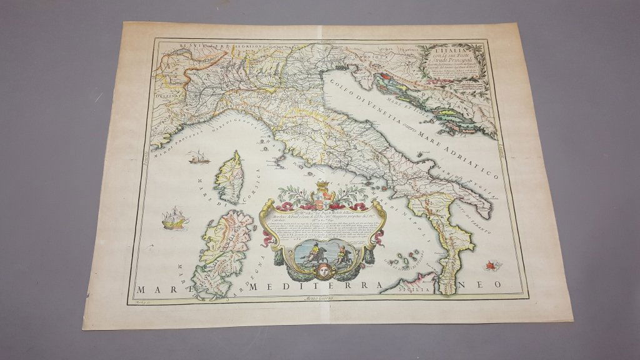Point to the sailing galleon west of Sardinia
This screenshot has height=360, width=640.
170,217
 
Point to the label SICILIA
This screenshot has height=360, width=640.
416,291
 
